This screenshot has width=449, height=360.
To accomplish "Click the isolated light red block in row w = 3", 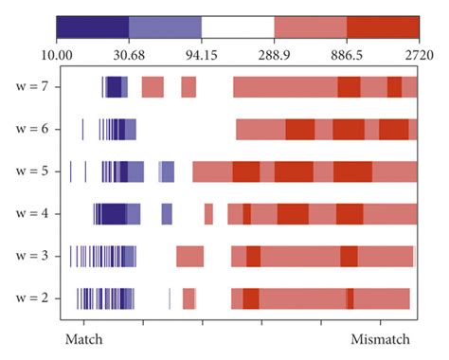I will (x=189, y=256).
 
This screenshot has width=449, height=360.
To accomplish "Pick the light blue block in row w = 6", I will (x=131, y=129).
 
